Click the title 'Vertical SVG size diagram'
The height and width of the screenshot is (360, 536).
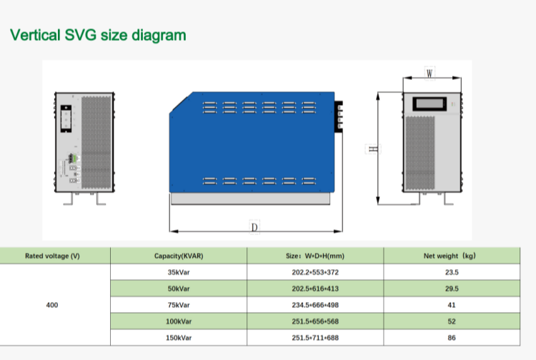[98, 35]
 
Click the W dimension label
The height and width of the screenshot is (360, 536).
[430, 74]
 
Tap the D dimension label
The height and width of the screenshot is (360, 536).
[254, 227]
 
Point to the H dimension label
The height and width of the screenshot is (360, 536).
[373, 149]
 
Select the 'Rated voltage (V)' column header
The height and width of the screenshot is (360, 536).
[52, 256]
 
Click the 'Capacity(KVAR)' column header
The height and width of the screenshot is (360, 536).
[179, 256]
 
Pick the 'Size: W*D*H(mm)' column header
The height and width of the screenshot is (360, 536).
[315, 256]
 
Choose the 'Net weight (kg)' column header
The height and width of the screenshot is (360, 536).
[450, 256]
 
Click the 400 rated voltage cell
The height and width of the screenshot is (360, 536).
[52, 305]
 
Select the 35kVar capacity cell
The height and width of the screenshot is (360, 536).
[179, 272]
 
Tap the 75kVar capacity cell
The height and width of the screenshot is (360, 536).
[179, 305]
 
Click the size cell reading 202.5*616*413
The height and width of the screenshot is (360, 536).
[315, 289]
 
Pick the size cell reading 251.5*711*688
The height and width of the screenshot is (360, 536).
[315, 338]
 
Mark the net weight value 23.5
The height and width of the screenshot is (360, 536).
[452, 272]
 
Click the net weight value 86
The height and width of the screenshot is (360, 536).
[452, 338]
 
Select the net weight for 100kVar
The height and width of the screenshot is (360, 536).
[452, 321]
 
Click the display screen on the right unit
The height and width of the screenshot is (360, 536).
[430, 104]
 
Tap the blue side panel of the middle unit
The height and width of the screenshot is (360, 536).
[252, 142]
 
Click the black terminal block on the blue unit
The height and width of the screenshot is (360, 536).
[339, 116]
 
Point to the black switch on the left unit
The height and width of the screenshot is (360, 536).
[66, 119]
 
